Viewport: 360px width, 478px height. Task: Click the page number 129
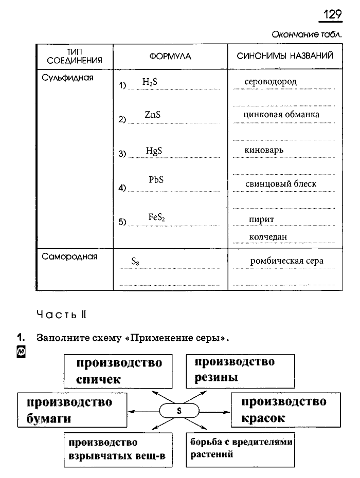coord(333,14)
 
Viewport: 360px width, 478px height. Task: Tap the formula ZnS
coord(153,116)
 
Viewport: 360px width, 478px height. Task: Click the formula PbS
coord(156,180)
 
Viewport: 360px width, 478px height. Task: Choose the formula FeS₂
coord(156,217)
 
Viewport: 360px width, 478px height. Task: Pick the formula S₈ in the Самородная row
coord(136,262)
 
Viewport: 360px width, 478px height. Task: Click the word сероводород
coord(271,82)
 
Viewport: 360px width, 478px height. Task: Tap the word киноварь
coord(264,150)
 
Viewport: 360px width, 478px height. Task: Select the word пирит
coord(261,219)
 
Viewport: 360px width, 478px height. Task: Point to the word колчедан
coord(267,237)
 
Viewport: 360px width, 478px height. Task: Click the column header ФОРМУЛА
coord(170,56)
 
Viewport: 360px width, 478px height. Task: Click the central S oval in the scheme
coord(179,411)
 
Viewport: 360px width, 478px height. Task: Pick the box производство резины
coord(240,370)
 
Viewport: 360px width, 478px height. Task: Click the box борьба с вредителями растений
coord(240,448)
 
